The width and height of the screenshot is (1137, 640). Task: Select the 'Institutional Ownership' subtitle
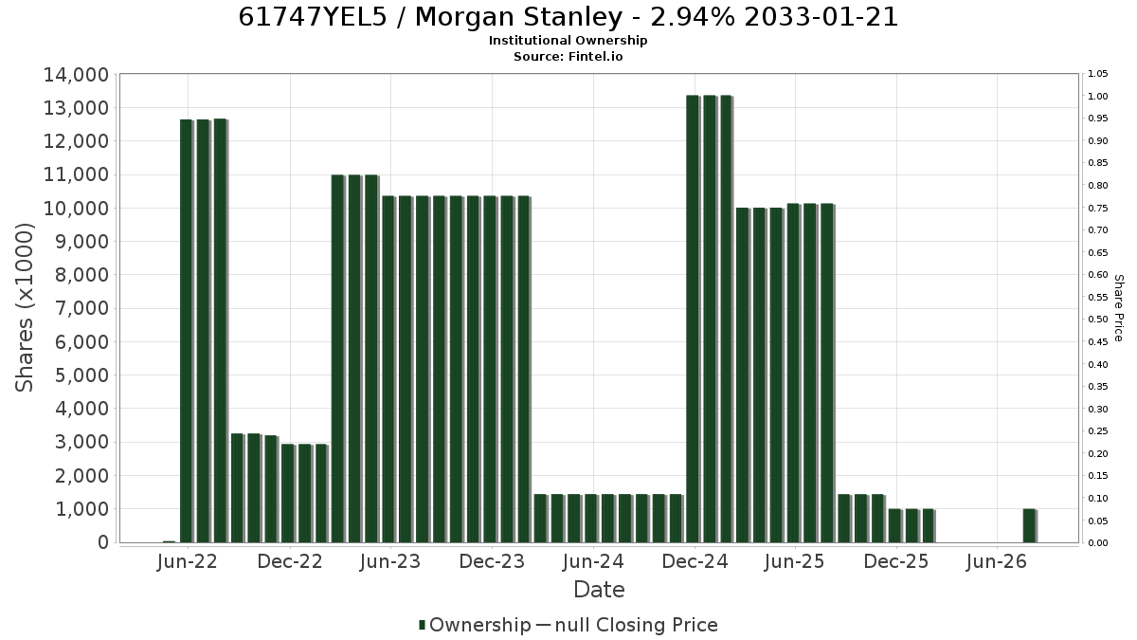click(x=568, y=41)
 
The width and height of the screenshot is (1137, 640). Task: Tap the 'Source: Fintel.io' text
click(x=568, y=56)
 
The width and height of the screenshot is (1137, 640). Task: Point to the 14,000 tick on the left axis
click(x=76, y=75)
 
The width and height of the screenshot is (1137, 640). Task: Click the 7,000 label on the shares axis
click(x=81, y=308)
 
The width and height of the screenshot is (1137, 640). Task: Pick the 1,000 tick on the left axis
click(x=81, y=509)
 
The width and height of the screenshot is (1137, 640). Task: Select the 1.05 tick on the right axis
click(x=1098, y=74)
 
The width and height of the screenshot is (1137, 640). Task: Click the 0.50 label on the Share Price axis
click(x=1098, y=320)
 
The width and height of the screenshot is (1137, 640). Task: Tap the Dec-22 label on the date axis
click(x=290, y=561)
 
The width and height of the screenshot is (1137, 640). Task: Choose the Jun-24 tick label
click(x=593, y=561)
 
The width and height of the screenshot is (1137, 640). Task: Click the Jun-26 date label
click(x=997, y=561)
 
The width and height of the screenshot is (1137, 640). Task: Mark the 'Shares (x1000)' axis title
click(x=24, y=308)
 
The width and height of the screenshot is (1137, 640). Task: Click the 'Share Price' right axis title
click(x=1119, y=308)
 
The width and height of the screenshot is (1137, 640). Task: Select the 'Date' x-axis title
click(x=599, y=590)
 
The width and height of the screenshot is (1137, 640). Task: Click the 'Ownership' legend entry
click(x=474, y=625)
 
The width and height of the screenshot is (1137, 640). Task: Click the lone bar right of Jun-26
click(x=1029, y=525)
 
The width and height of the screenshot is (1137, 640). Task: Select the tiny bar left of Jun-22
click(x=169, y=541)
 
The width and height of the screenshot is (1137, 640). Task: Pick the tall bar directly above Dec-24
click(x=693, y=319)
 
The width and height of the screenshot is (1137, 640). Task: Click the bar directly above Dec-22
click(x=288, y=493)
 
